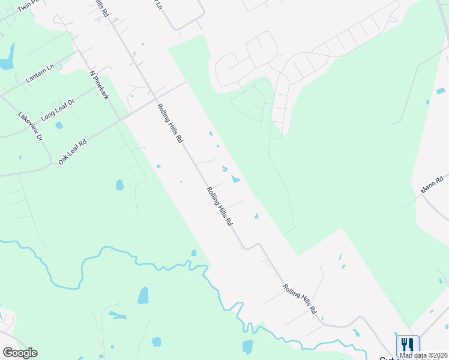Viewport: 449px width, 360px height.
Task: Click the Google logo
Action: [19, 353]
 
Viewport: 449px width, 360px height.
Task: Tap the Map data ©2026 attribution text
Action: [423, 355]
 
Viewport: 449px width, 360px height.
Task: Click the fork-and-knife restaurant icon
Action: [407, 344]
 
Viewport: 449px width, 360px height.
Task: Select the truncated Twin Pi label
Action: [27, 7]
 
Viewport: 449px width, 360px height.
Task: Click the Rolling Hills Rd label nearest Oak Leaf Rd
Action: [170, 122]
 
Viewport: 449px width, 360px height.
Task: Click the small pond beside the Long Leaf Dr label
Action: [59, 125]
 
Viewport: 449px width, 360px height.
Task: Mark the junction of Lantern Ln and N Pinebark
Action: [79, 52]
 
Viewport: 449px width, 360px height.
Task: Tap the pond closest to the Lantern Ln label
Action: [6, 63]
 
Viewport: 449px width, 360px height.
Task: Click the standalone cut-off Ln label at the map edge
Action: [158, 5]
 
